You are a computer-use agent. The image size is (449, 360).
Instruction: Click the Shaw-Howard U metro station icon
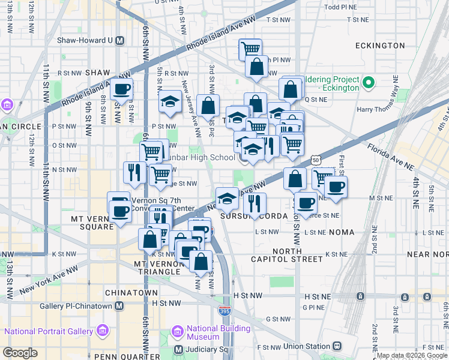point(119,41)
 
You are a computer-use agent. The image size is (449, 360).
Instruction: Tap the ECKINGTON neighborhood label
point(379,46)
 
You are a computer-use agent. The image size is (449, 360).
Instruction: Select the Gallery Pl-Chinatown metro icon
point(119,306)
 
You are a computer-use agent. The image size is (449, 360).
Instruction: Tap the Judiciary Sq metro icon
point(178,349)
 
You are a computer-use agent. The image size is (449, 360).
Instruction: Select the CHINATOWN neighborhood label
point(131,293)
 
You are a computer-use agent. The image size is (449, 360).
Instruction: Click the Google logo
point(20,353)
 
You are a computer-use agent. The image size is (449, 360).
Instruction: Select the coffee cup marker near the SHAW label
point(121,89)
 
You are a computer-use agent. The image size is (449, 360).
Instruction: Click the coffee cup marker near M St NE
point(336,187)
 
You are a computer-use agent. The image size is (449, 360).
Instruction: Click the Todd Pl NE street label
point(340,7)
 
